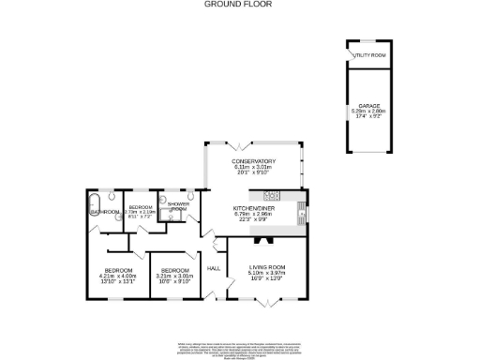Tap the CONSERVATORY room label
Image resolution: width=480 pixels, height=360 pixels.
(253, 161)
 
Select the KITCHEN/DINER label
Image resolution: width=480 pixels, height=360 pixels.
(252, 208)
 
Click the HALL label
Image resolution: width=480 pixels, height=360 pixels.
(213, 268)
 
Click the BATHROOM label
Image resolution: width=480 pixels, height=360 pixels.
(105, 212)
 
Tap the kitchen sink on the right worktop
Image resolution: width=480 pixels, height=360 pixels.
(301, 212)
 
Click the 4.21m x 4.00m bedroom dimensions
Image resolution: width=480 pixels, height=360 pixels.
(120, 278)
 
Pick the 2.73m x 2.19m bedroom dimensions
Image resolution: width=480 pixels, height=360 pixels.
(141, 214)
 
